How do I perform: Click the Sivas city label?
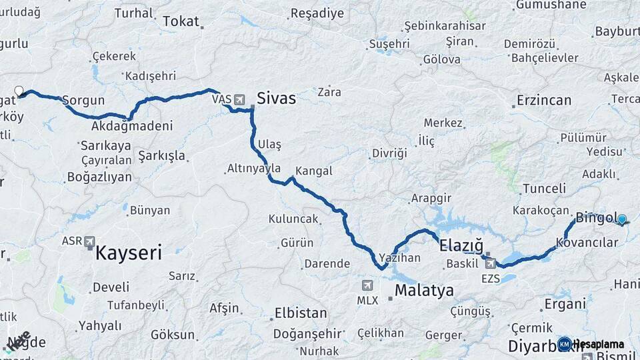[x=276, y=98]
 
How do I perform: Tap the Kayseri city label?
[x=129, y=253]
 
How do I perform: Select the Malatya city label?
[x=424, y=291]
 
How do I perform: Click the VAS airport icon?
[x=239, y=99]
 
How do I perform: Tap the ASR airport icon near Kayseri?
[x=90, y=242]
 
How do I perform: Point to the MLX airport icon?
[x=367, y=286]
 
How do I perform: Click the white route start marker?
[x=19, y=91]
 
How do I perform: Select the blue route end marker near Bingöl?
[x=622, y=219]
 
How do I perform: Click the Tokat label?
[x=181, y=22]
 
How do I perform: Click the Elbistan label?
[x=300, y=313]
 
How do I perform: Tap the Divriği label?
[x=389, y=153]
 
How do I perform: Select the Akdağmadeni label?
[x=132, y=125]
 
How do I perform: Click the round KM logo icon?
[x=565, y=344]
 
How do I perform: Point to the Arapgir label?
[x=431, y=199]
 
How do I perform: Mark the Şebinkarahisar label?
[x=444, y=26]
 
